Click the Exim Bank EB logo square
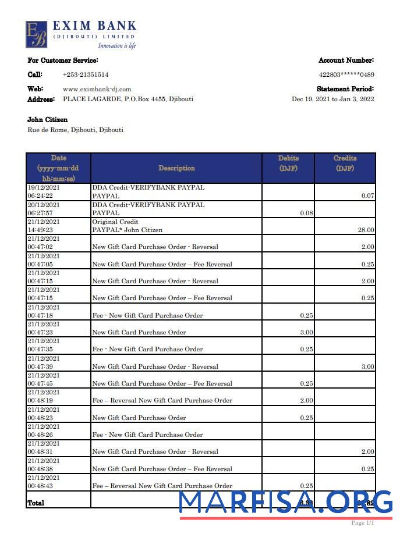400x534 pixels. tap(36, 34)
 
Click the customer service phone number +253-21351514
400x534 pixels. tap(85, 74)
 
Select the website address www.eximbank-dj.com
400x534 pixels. tap(97, 89)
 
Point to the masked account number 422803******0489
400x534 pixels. tap(346, 74)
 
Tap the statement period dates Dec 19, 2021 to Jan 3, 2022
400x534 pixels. tap(332, 99)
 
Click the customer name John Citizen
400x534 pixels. tap(48, 120)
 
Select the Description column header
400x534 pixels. tap(176, 168)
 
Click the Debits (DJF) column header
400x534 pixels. tap(288, 163)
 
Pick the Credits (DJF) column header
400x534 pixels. tap(345, 163)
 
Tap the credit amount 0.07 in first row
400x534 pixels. tap(367, 196)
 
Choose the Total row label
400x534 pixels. tap(36, 502)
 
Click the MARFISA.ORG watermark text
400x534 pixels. tap(285, 502)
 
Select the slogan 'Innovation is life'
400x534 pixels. tap(116, 45)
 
